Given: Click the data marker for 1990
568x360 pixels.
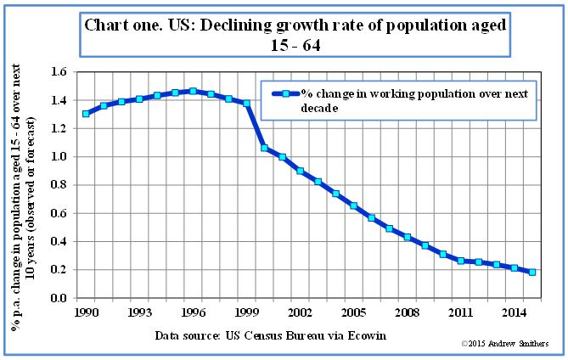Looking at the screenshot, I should pos(87,114).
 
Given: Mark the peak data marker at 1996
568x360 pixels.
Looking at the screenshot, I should pos(193,91).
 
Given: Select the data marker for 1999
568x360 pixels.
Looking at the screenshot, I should pos(246,103).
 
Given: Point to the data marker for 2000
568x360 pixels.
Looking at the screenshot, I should pos(264,148).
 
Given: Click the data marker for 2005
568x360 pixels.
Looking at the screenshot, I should pos(353,206).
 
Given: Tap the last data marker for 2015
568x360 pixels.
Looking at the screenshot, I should pos(531,273).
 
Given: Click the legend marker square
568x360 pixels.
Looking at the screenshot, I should pos(286,94).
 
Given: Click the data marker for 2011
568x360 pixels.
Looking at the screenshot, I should pos(460,261).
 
